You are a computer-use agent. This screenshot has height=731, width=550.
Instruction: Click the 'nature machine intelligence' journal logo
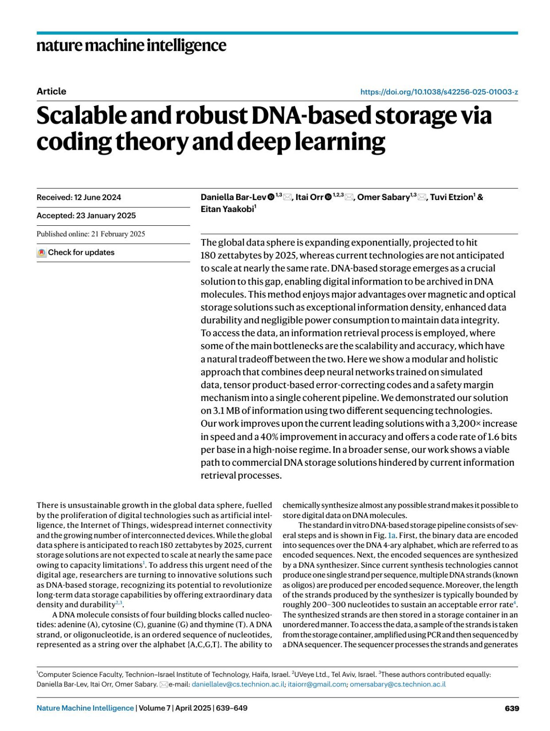tap(131, 45)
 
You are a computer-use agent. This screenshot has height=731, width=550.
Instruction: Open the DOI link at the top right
tap(439, 92)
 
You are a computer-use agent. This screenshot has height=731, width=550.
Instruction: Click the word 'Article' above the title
tap(51, 91)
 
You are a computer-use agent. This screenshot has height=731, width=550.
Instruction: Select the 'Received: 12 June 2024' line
tap(79, 197)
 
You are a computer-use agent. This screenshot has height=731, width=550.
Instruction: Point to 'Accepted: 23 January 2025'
tap(86, 216)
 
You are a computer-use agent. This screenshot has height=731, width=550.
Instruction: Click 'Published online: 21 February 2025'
tap(91, 234)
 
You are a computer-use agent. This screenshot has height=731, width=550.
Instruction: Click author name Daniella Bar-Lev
tap(233, 197)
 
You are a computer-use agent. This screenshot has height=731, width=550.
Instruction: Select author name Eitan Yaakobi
tap(227, 209)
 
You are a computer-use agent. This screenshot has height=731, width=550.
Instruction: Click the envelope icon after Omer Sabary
tap(422, 197)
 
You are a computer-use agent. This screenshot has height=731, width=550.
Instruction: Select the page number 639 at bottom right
tap(511, 708)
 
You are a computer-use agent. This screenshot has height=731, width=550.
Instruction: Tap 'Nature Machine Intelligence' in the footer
tap(85, 708)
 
